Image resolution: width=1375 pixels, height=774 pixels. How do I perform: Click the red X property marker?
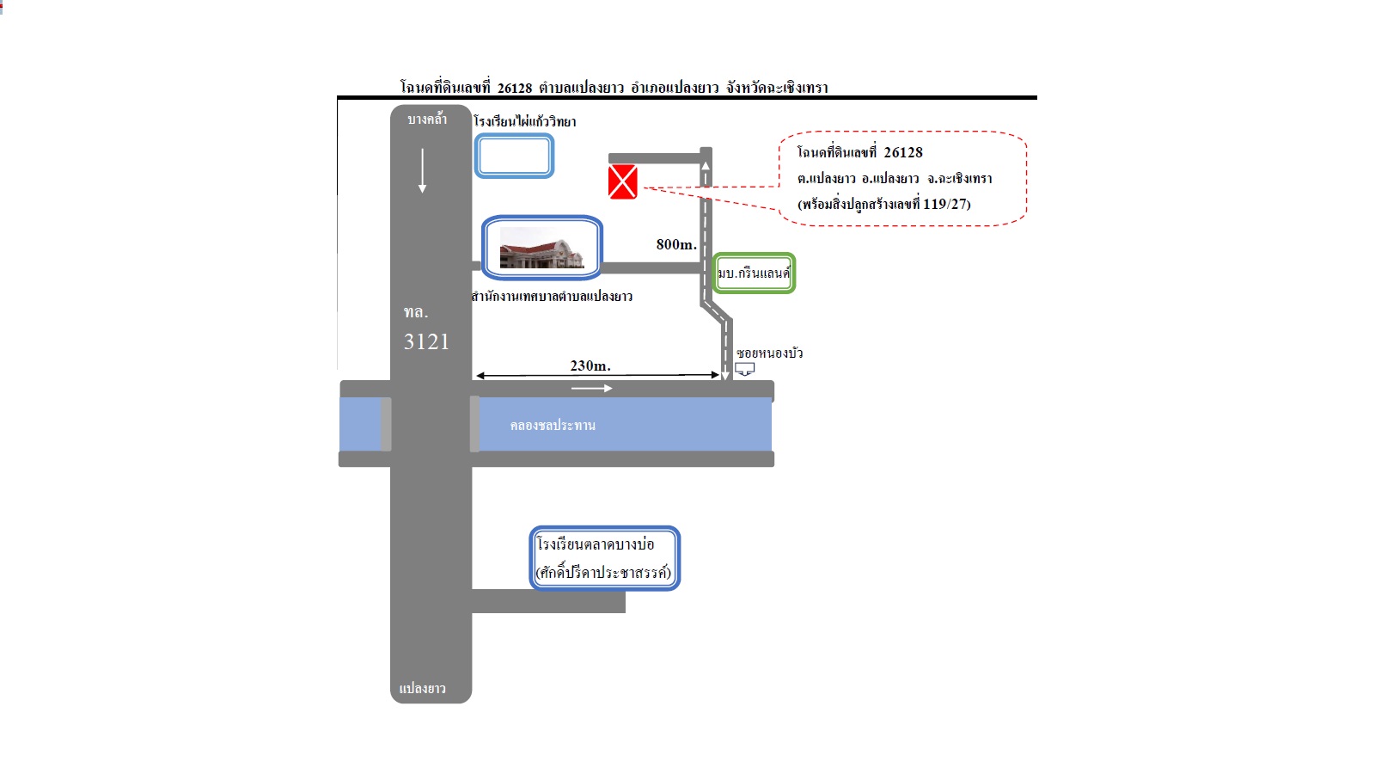[622, 181]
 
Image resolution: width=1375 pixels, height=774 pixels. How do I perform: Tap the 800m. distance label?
[676, 244]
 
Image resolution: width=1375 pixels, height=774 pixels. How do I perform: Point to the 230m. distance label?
[590, 365]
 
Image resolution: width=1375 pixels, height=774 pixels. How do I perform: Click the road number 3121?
[426, 341]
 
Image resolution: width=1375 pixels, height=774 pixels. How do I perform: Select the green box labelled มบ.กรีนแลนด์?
[754, 273]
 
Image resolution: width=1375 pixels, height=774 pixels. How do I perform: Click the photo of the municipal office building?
[541, 247]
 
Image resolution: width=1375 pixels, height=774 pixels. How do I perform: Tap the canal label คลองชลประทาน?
[553, 425]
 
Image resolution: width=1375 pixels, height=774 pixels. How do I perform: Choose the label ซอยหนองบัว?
[770, 353]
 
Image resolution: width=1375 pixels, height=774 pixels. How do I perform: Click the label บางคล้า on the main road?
[427, 120]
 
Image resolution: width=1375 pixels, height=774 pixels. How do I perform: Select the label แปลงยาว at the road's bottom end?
[422, 688]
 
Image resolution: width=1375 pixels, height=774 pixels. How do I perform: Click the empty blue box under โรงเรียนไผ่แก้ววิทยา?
[515, 156]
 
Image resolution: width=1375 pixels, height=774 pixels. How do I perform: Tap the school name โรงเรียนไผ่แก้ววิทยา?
[525, 121]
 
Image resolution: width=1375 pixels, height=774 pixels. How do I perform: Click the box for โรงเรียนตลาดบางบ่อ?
[605, 558]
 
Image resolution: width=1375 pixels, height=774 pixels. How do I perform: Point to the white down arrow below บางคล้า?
[422, 171]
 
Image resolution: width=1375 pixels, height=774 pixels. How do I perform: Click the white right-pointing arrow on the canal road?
[592, 388]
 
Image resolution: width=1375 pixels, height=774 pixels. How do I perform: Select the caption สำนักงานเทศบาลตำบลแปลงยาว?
[552, 296]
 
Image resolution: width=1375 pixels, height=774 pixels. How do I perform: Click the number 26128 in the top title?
[515, 88]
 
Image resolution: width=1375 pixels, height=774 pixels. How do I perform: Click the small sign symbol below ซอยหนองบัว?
[744, 369]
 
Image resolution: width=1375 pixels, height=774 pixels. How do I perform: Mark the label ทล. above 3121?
[416, 312]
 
